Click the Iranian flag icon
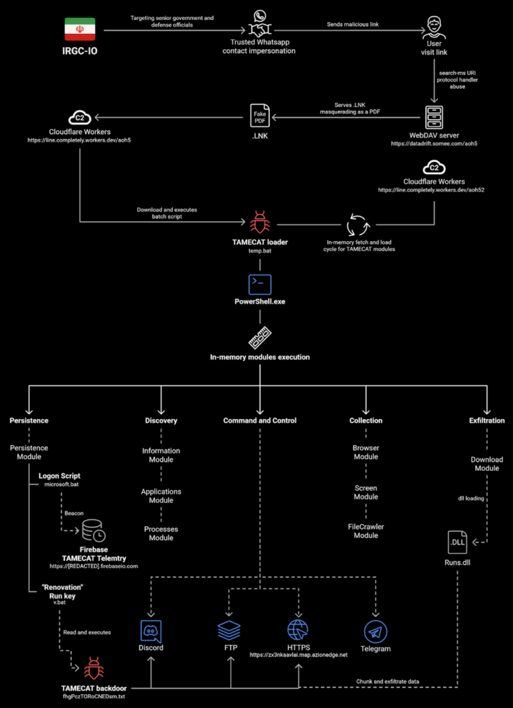[80, 29]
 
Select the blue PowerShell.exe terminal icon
[260, 284]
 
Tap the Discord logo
[151, 631]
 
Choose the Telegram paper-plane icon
[375, 631]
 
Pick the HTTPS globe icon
[298, 630]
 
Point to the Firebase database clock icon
[93, 530]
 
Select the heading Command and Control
[260, 420]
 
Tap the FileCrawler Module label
[366, 531]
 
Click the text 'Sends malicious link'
[353, 24]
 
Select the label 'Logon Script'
[60, 476]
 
